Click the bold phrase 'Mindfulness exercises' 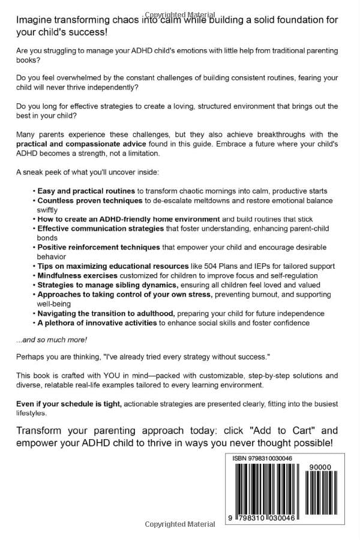coord(77,275)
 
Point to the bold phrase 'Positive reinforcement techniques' coord(99,247)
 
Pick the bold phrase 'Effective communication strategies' coord(100,229)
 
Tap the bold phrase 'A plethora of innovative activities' coord(97,323)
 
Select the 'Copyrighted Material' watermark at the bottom coord(179,525)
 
